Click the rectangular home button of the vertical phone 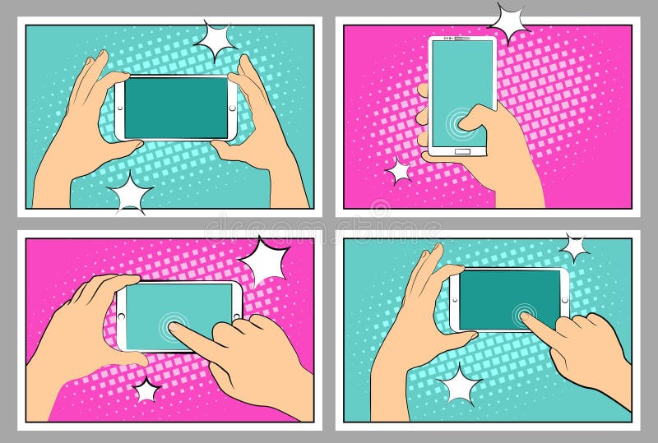tap(462, 150)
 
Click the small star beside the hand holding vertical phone tap(400, 171)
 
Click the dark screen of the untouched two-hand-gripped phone tap(175, 108)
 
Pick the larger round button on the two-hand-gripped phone tap(232, 108)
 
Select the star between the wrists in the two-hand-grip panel tap(130, 193)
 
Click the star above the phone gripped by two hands tap(215, 39)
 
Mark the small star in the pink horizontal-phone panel tap(146, 390)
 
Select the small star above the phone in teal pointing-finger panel tap(573, 246)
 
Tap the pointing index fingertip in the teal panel tap(525, 317)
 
